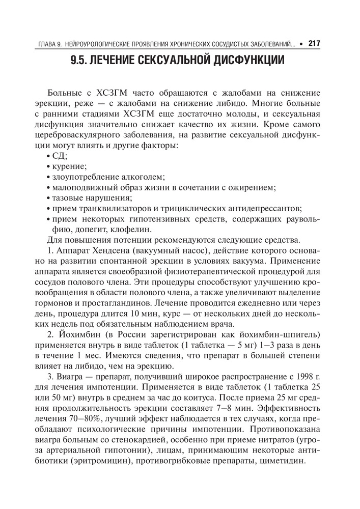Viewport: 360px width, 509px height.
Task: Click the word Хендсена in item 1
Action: point(118,251)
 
